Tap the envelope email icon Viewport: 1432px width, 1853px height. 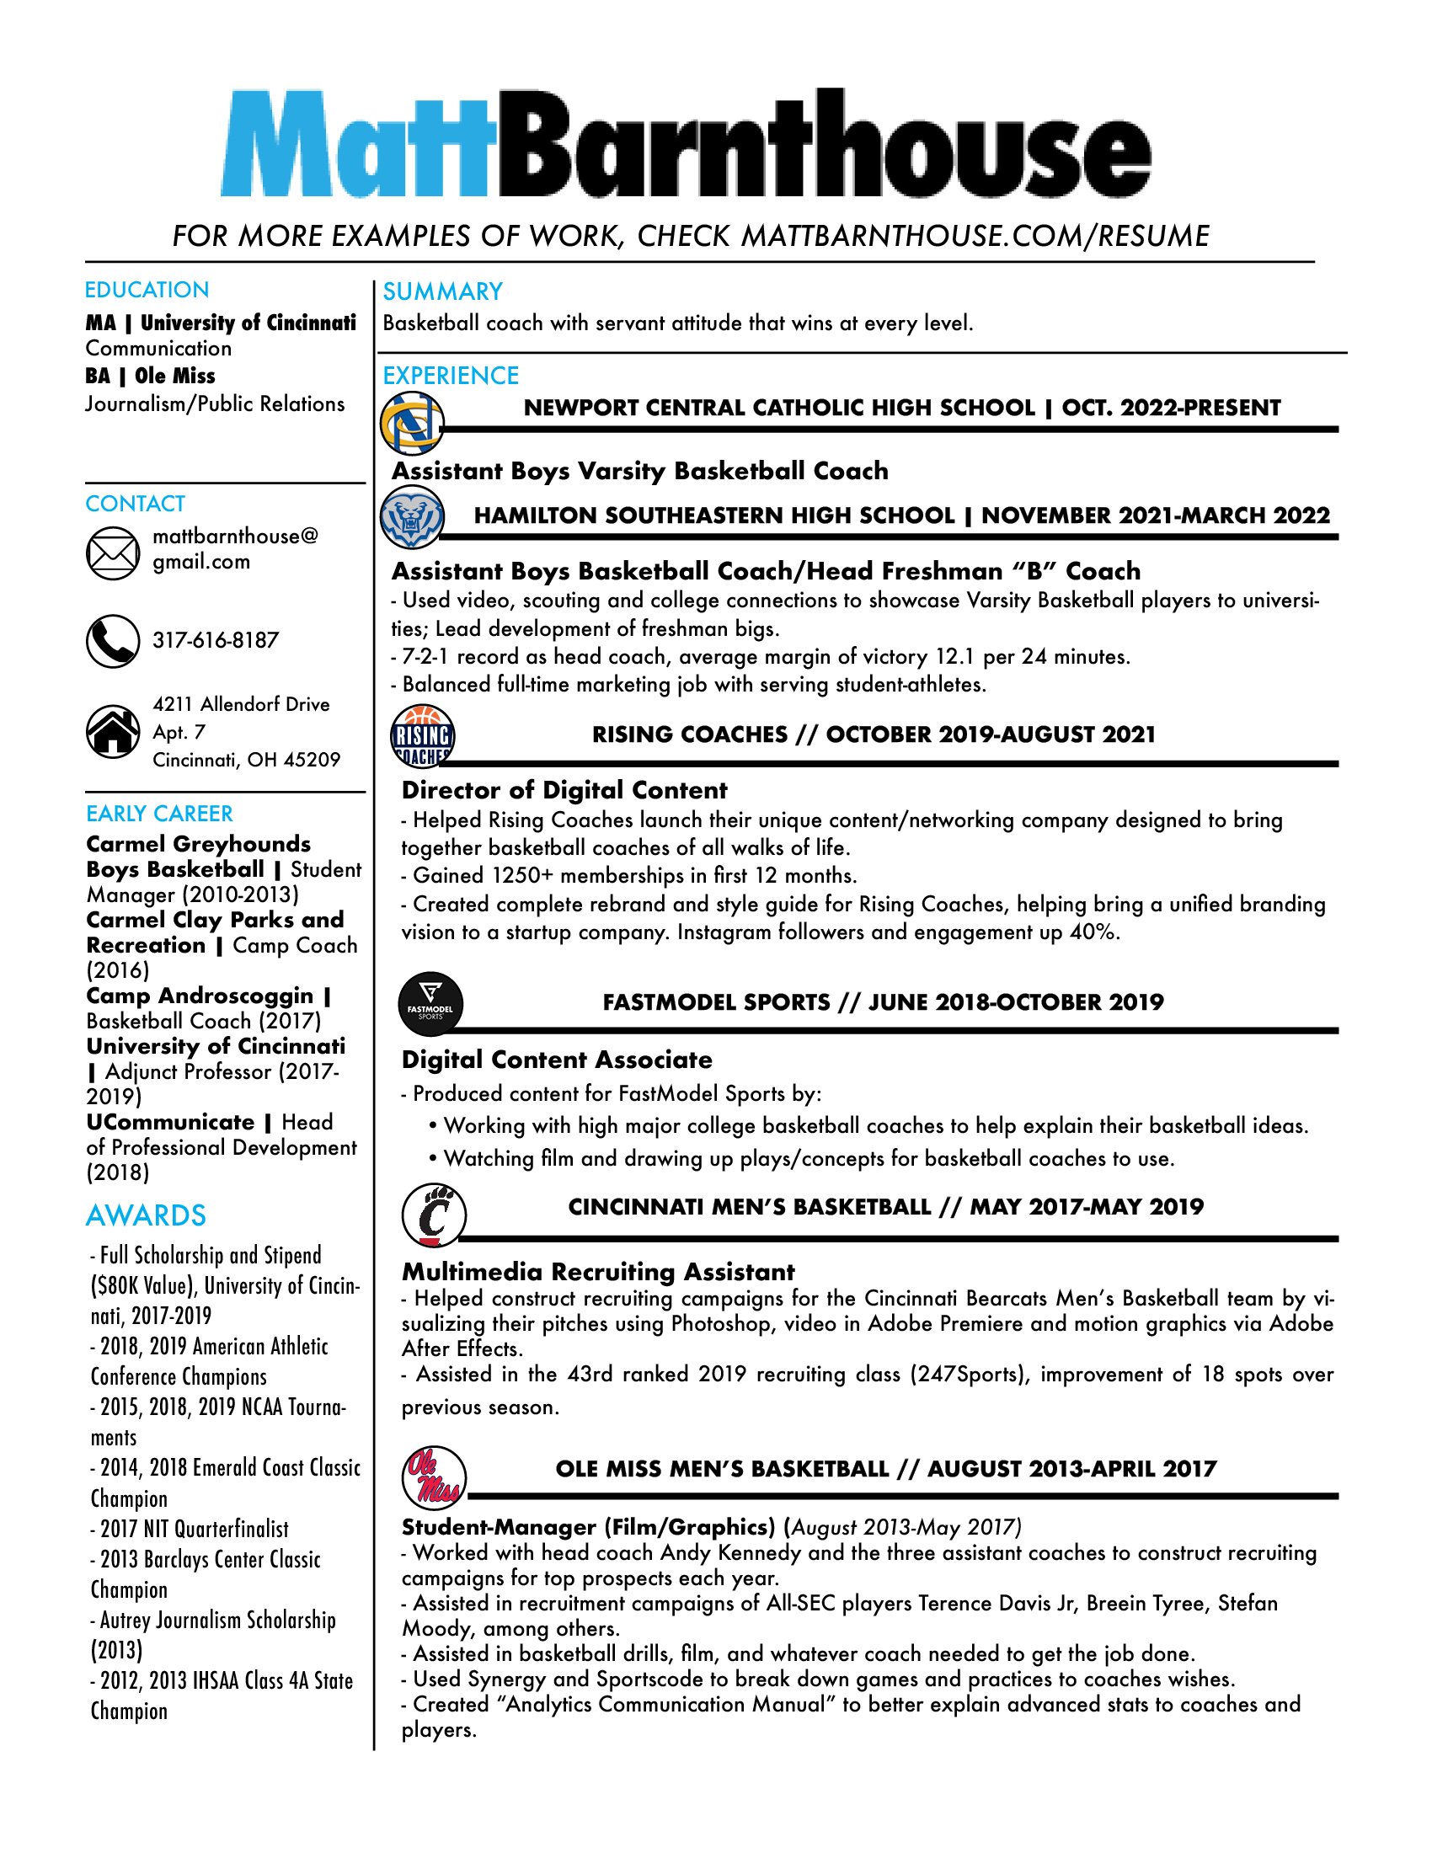[113, 553]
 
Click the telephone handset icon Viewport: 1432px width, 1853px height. [113, 642]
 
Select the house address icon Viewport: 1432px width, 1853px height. [113, 730]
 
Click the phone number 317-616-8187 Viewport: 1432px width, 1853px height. [216, 641]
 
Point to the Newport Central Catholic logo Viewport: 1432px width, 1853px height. [411, 422]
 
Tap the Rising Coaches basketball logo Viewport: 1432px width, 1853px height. [423, 735]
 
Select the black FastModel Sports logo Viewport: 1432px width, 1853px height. [430, 1004]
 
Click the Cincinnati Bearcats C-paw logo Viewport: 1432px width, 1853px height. [434, 1215]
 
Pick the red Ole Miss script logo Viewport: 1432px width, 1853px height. [434, 1478]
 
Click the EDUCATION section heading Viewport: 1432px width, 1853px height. [147, 291]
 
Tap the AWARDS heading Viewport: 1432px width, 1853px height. [146, 1215]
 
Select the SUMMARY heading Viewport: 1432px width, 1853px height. [443, 292]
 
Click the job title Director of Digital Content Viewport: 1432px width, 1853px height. [564, 791]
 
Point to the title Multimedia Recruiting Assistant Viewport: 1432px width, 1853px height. [598, 1272]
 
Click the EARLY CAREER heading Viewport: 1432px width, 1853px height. [159, 814]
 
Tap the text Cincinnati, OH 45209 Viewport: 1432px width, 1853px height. [246, 760]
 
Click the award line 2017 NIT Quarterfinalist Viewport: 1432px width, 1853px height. [194, 1529]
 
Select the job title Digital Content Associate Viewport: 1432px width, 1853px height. [557, 1060]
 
